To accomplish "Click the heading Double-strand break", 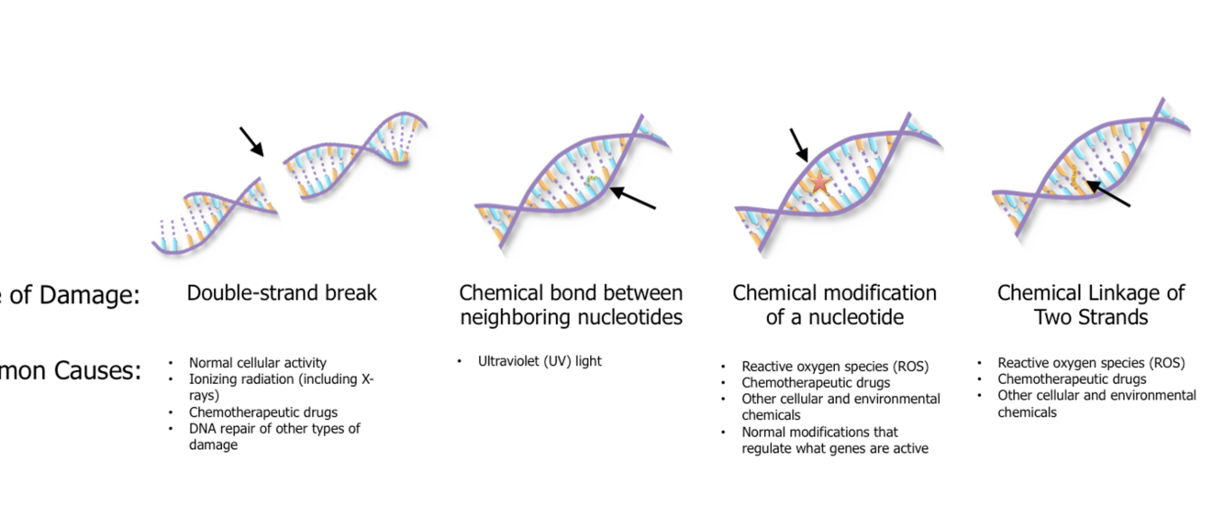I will tap(282, 293).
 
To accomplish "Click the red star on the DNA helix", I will tap(819, 183).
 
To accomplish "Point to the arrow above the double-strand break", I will tap(251, 141).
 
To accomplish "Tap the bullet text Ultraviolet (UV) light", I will tap(540, 361).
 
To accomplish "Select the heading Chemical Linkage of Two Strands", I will tap(1091, 305).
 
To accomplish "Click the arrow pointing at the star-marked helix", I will tap(798, 145).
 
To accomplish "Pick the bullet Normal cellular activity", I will tap(257, 363).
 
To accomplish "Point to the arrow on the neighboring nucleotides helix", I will tap(632, 198).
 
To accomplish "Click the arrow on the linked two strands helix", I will tap(1108, 194).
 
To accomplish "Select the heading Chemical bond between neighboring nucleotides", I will tap(571, 305).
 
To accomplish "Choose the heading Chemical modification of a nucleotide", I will tap(834, 305).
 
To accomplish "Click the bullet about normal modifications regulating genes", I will tap(834, 440).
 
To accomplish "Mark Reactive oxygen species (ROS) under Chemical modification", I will tap(835, 367).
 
